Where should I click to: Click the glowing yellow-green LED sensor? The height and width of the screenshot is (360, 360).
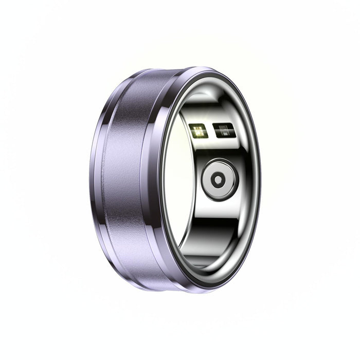click(197, 132)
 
